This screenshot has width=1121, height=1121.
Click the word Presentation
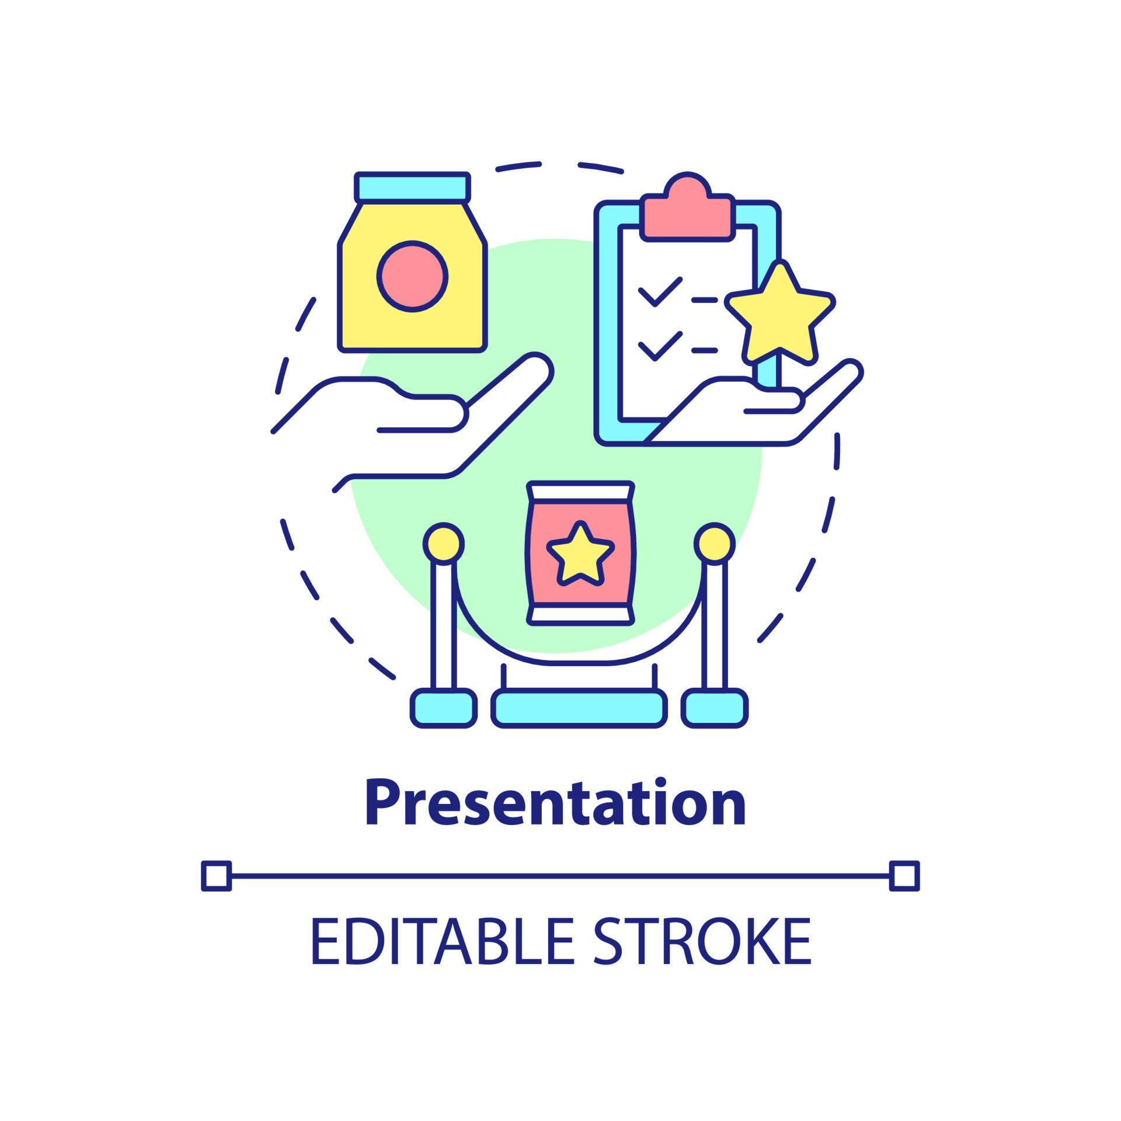pyautogui.click(x=555, y=803)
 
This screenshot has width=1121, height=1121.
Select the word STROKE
pyautogui.click(x=703, y=941)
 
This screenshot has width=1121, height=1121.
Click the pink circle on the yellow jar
pyautogui.click(x=412, y=276)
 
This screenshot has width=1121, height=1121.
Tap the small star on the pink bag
pyautogui.click(x=580, y=553)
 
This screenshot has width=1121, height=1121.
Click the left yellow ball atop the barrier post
pyautogui.click(x=444, y=544)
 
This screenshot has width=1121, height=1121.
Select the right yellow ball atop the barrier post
pyautogui.click(x=715, y=544)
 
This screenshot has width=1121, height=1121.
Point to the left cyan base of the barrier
pyautogui.click(x=443, y=708)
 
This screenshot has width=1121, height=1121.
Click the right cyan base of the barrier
pyautogui.click(x=715, y=708)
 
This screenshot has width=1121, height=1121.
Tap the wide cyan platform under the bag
pyautogui.click(x=579, y=709)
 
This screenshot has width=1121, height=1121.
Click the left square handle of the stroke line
pyautogui.click(x=217, y=876)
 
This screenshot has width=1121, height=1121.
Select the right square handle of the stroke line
pyautogui.click(x=904, y=876)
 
